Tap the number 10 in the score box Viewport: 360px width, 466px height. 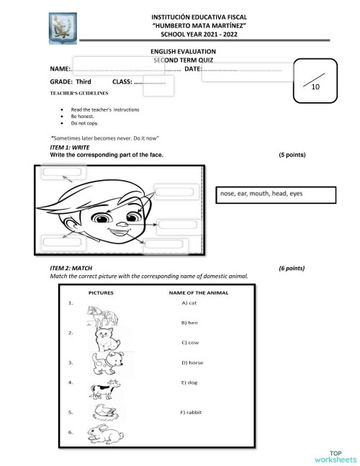[x=315, y=86]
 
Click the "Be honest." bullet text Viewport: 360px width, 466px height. [x=82, y=116]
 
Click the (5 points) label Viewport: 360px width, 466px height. [x=292, y=155]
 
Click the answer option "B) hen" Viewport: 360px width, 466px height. [x=189, y=323]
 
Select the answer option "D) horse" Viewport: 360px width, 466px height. [x=192, y=362]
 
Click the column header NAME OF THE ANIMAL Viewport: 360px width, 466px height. [x=198, y=293]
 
